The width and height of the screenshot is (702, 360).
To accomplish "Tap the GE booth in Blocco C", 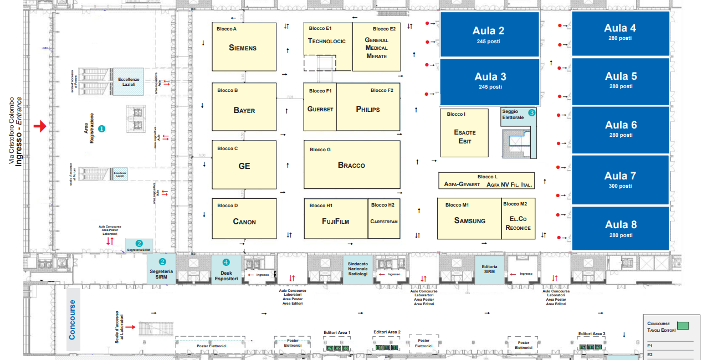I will pyautogui.click(x=244, y=165).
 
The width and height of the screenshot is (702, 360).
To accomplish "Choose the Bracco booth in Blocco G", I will pyautogui.click(x=352, y=164).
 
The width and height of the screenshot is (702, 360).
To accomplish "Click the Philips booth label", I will pyautogui.click(x=368, y=109).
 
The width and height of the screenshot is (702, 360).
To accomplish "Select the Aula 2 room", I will pyautogui.click(x=489, y=34).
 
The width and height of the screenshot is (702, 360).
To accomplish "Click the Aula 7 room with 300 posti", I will pyautogui.click(x=620, y=179).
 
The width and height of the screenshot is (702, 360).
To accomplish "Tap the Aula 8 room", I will pyautogui.click(x=620, y=228).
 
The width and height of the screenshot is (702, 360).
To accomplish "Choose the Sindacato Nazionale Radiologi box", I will pyautogui.click(x=357, y=269).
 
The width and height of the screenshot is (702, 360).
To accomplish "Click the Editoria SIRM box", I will pyautogui.click(x=489, y=270).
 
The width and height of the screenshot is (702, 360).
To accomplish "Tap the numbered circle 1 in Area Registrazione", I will pyautogui.click(x=101, y=128).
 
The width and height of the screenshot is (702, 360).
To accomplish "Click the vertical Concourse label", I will pyautogui.click(x=73, y=320).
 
